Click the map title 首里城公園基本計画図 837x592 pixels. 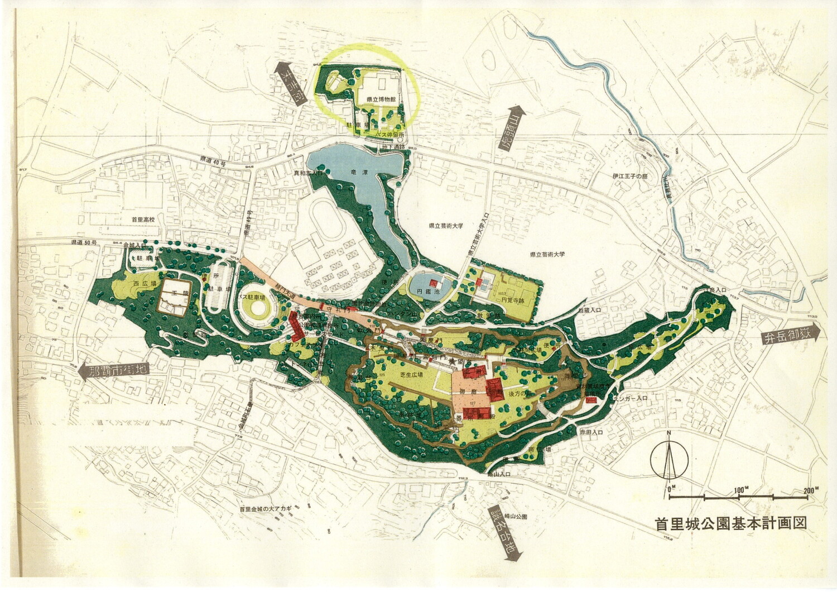pos(732,524)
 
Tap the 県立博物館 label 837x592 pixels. pos(377,99)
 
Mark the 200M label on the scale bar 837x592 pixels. pos(810,490)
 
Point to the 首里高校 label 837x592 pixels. pos(143,220)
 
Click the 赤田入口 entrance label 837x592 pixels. pos(589,432)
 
